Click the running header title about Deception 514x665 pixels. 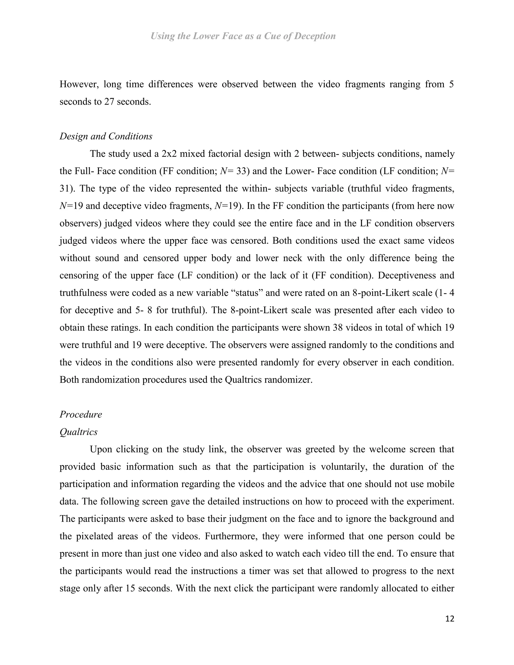coord(243,36)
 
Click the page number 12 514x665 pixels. coord(449,619)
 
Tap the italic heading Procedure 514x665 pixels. coord(81,414)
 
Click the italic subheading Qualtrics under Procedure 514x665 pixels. coord(79,432)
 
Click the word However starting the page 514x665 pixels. coord(79,84)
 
